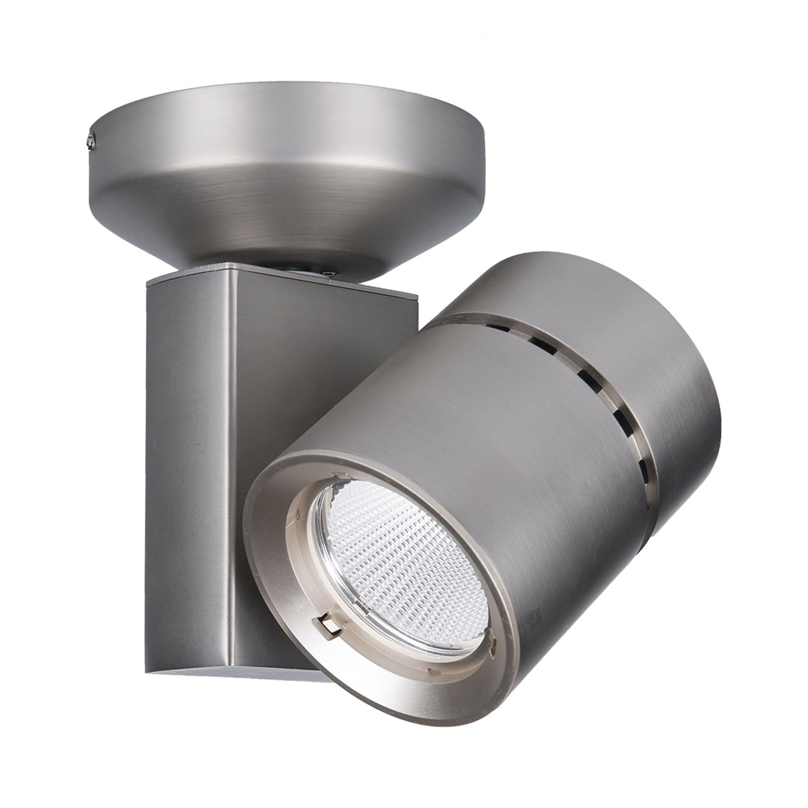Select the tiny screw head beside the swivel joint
329,275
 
